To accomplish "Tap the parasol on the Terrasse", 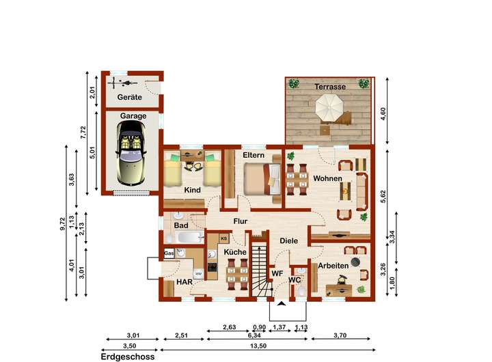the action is [329, 107].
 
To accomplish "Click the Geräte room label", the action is [130, 97].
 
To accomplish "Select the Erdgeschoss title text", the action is [128, 357].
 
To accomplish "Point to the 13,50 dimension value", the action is [258, 346].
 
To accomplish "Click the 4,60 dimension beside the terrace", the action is [383, 113].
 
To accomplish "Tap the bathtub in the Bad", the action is [189, 237].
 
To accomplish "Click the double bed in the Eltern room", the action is [262, 179].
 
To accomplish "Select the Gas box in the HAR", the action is [169, 253].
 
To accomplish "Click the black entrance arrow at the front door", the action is [282, 303].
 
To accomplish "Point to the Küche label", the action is [235, 252].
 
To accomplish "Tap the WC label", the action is [295, 280].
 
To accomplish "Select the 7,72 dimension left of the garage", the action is [83, 133].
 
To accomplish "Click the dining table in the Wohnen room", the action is [297, 180].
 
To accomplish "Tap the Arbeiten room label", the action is [333, 266].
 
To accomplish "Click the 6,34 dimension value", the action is [254, 335].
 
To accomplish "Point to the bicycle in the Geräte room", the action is [123, 83].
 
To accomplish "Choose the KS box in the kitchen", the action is [224, 238].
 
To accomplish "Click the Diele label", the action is [288, 241].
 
